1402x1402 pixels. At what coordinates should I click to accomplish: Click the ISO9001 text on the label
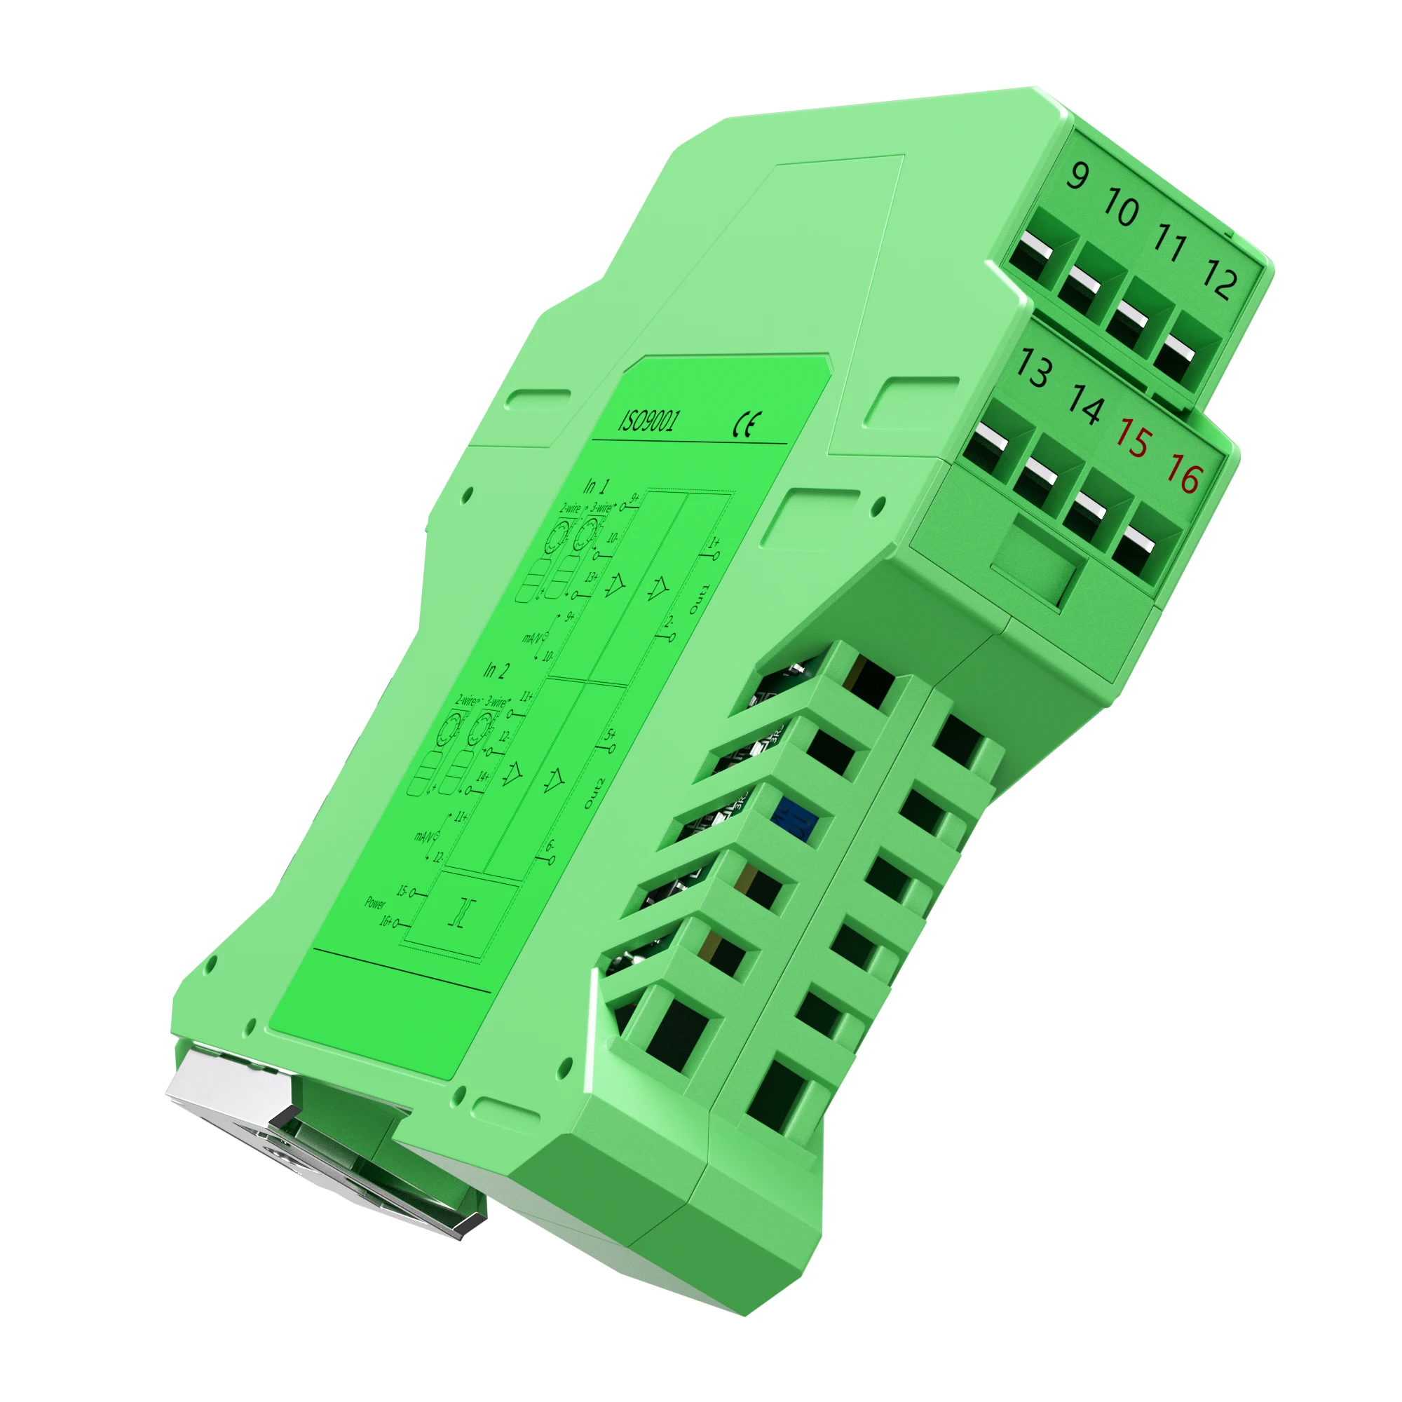648,420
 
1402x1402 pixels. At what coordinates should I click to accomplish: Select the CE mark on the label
747,425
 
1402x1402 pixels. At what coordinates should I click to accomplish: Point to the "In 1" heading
597,486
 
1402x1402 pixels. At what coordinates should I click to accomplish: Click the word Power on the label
375,903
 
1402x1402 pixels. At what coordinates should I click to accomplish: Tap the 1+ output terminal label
714,543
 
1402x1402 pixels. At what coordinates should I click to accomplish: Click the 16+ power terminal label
386,922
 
